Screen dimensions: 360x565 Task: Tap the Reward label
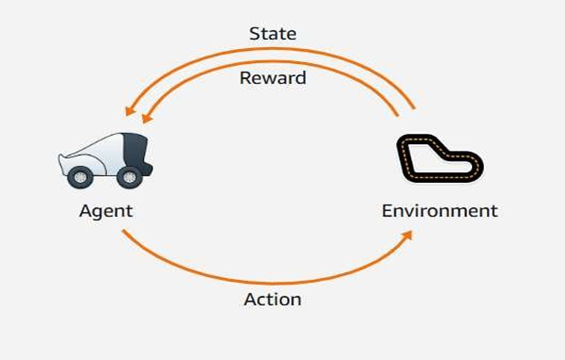coord(272,77)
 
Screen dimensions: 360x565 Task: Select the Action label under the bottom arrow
coord(272,300)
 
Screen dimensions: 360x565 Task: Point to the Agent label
coord(106,210)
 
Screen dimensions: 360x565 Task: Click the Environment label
coord(440,210)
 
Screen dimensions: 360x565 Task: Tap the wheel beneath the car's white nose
coord(81,178)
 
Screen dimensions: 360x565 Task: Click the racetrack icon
coord(440,158)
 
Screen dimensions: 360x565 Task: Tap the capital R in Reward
coord(245,77)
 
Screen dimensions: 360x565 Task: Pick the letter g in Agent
coord(97,212)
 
